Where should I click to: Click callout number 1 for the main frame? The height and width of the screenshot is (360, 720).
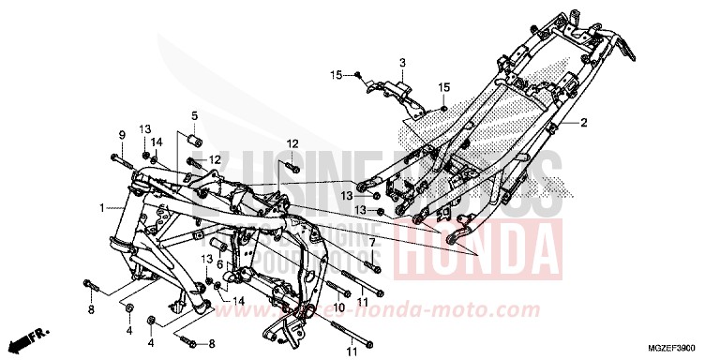point(100,207)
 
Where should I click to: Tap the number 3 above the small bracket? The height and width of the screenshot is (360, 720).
point(401,63)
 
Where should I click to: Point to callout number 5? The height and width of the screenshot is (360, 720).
point(194,116)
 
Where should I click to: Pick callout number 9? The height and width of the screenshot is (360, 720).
point(122,134)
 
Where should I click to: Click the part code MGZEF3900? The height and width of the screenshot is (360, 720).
point(670,347)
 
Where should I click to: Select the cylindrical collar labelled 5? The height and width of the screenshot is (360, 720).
point(196,142)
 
